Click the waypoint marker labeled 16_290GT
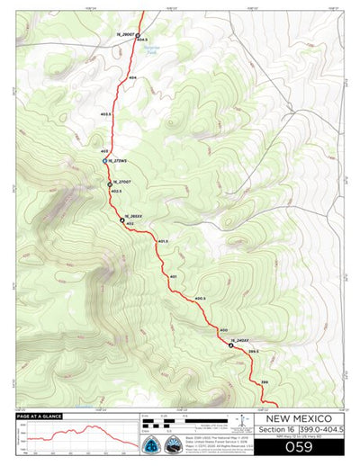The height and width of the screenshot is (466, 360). (x=138, y=36)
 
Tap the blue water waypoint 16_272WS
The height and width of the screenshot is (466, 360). (x=105, y=162)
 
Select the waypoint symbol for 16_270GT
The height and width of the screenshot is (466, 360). (x=110, y=184)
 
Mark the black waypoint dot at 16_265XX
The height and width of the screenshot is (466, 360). (x=122, y=220)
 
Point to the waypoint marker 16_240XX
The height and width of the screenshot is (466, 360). (x=231, y=345)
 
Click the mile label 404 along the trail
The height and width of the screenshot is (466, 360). (x=132, y=79)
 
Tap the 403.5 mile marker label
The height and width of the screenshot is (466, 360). (x=105, y=114)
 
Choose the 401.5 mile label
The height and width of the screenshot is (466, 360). (x=163, y=241)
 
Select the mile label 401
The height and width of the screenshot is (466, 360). (x=172, y=275)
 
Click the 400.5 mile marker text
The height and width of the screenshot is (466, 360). (x=200, y=298)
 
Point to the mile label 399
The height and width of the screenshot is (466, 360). (x=265, y=383)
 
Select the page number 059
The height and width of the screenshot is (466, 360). (x=298, y=446)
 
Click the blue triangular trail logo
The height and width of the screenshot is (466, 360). (x=150, y=446)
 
